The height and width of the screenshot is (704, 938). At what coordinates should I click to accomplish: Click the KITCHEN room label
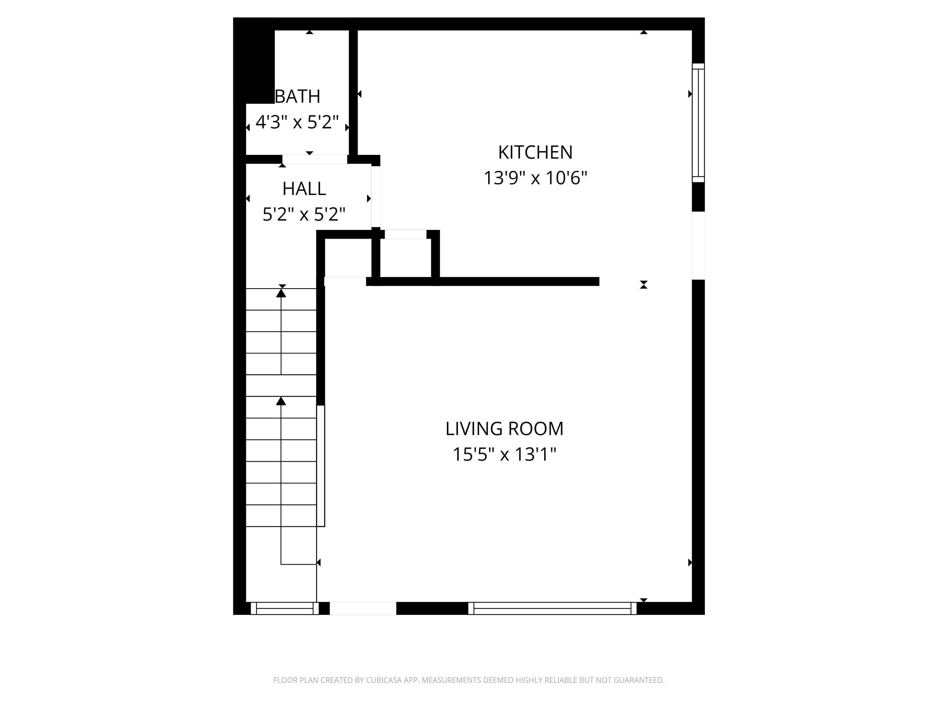click(x=535, y=152)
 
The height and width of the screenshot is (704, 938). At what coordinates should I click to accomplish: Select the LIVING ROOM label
click(x=504, y=429)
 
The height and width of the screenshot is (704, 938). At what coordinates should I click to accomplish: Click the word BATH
click(x=298, y=97)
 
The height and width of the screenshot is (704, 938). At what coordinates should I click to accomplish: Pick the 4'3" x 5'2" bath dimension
click(x=297, y=122)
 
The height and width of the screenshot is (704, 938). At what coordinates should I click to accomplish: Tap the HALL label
click(x=304, y=189)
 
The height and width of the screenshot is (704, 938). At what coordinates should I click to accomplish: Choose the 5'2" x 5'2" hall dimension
click(x=304, y=214)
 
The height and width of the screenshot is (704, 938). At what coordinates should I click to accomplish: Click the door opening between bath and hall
click(x=315, y=159)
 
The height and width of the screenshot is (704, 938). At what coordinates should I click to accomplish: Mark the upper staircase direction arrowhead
click(x=281, y=293)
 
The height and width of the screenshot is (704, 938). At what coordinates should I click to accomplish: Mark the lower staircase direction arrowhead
click(x=281, y=401)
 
